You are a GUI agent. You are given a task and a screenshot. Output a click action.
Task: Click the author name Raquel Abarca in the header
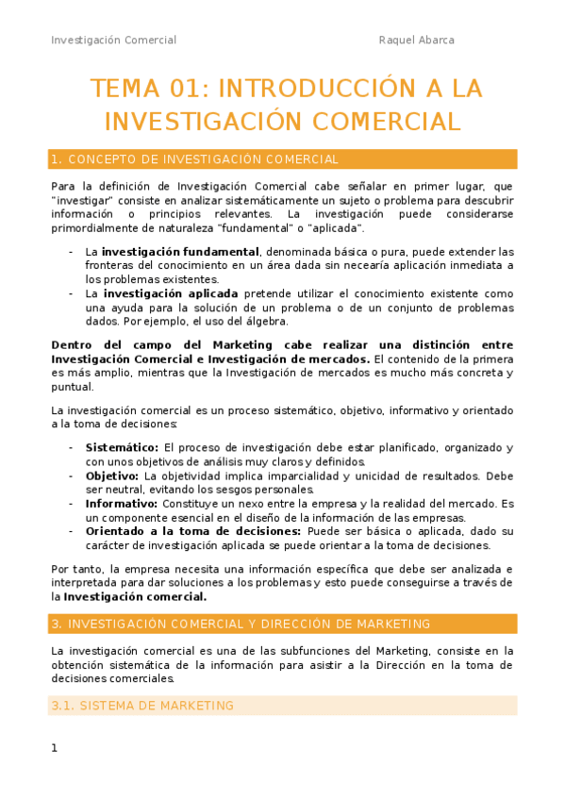pos(416,40)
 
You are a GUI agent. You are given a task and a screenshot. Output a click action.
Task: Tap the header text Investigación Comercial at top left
pos(113,40)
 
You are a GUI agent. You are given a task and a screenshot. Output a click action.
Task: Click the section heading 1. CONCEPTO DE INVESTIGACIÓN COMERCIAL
pos(195,159)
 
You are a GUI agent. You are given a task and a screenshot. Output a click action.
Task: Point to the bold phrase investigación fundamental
pos(181,252)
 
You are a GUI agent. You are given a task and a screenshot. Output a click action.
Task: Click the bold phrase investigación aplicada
pos(171,293)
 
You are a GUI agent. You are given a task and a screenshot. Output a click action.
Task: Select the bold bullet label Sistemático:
pos(122,447)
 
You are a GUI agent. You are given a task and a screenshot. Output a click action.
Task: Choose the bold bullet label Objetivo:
pos(112,475)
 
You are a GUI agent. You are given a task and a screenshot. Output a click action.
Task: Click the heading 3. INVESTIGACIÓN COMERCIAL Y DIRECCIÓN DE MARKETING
pos(241,624)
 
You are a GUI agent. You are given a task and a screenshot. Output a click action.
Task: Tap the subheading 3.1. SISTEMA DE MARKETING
pos(142,706)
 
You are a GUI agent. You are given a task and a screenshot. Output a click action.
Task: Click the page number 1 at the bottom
pos(55,748)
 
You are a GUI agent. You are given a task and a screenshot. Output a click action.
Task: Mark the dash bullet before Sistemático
pos(72,447)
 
